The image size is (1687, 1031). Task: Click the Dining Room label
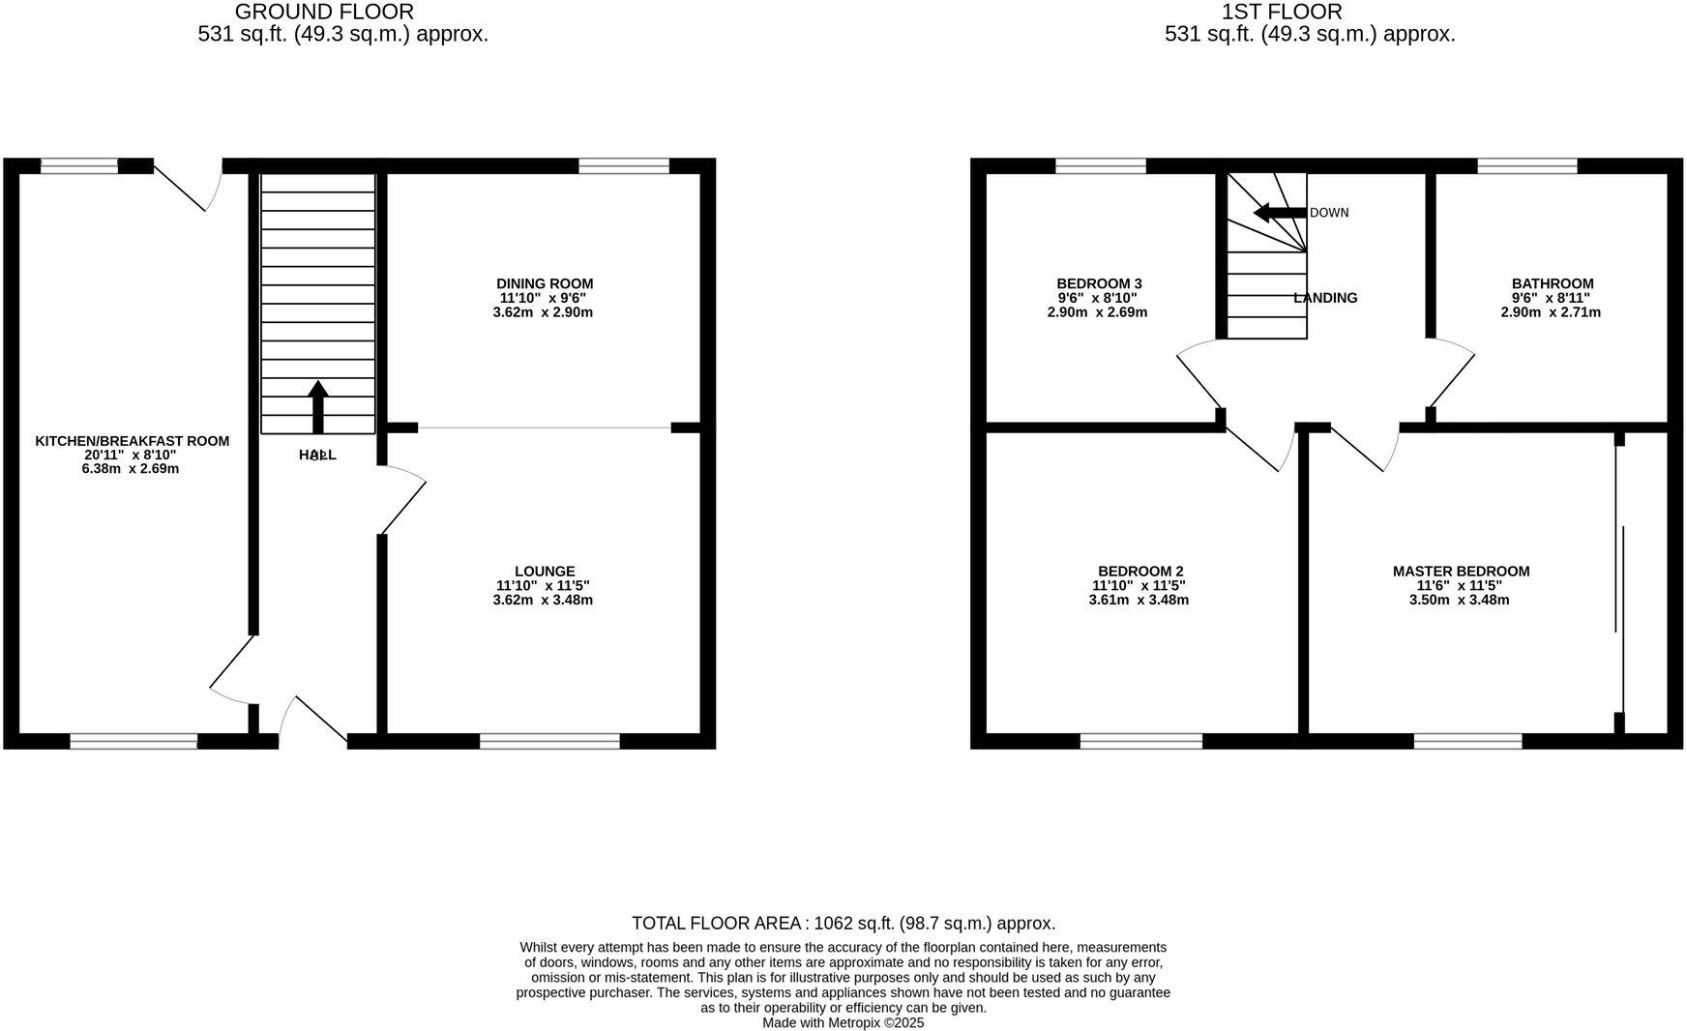click(544, 283)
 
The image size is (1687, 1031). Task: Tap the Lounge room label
click(545, 572)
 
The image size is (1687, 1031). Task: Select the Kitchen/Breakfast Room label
click(133, 441)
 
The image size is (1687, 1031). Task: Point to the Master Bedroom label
click(1461, 572)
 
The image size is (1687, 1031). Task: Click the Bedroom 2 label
click(1140, 572)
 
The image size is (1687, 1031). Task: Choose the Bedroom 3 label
click(1099, 283)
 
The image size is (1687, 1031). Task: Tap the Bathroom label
click(1553, 283)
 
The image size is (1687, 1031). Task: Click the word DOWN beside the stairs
click(1328, 213)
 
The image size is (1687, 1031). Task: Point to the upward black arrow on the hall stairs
click(318, 406)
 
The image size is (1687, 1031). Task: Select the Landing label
click(1325, 298)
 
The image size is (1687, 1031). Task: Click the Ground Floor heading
click(324, 12)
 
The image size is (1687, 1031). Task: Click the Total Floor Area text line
click(843, 923)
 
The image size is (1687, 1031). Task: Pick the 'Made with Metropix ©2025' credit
click(843, 1022)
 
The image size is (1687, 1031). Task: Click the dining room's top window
click(624, 165)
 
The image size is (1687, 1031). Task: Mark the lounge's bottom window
click(549, 741)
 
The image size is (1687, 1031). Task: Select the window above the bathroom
click(1527, 165)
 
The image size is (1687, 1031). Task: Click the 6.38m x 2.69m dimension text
click(131, 469)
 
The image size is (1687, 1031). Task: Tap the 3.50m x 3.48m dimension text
click(1459, 600)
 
